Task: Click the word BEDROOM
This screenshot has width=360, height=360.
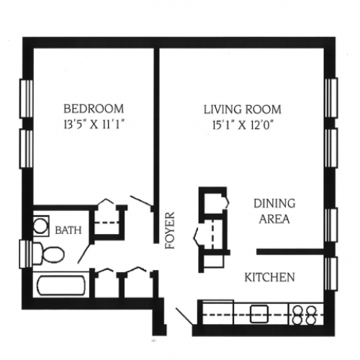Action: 86,109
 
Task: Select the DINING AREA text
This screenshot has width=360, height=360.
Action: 273,212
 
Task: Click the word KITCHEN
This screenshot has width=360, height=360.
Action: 269,276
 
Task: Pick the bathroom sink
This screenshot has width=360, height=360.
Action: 41,225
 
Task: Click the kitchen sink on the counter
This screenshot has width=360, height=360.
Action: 258,313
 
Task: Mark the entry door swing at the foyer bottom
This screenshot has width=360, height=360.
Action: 184,317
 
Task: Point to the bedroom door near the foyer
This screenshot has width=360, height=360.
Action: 141,202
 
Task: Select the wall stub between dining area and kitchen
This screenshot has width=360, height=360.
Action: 292,252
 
